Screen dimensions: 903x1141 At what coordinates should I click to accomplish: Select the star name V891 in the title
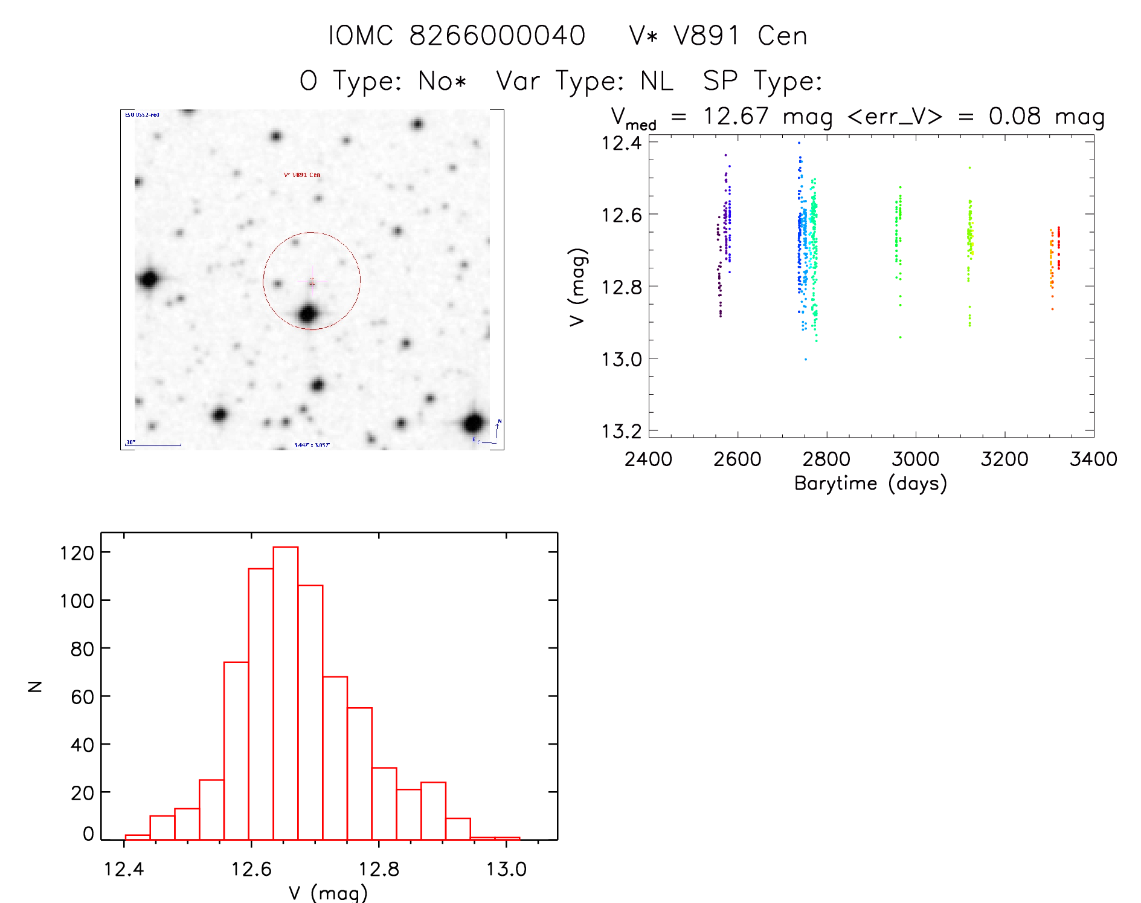coord(706,36)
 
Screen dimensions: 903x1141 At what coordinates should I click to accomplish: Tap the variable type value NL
coord(657,81)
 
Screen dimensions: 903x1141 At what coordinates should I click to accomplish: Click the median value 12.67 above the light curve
coord(735,116)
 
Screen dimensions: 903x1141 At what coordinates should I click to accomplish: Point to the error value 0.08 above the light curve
coord(1015,116)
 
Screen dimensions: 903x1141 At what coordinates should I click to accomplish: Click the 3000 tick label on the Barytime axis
coord(915,459)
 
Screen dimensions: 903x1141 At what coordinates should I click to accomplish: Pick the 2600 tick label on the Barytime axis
coord(737,459)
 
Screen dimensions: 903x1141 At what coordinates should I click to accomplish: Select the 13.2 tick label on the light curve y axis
coord(621,431)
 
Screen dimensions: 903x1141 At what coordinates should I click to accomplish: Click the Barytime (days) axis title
coord(870,484)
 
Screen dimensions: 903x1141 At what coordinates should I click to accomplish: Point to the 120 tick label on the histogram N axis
coord(77,553)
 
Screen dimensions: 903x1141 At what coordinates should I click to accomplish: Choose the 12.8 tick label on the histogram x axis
coord(379,869)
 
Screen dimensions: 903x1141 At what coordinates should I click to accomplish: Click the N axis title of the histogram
coord(35,687)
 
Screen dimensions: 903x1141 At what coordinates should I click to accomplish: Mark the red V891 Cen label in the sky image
coord(302,175)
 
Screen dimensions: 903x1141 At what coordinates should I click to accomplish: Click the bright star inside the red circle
coord(308,314)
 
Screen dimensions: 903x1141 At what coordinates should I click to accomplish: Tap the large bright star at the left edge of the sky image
coord(149,279)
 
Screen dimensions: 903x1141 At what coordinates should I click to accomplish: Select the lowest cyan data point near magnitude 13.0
coord(805,360)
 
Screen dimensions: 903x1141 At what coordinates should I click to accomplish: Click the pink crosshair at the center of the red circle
coord(312,282)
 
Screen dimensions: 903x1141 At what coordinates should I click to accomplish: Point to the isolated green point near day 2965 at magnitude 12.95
coord(900,337)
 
